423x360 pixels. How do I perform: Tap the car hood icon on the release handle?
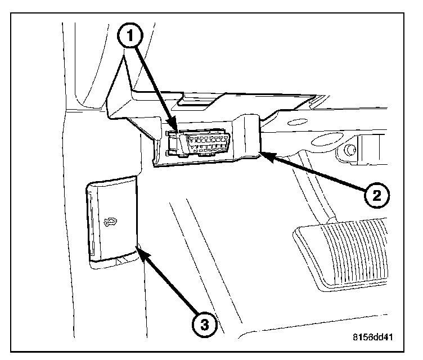(x=110, y=223)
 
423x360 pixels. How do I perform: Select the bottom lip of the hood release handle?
(x=112, y=259)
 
